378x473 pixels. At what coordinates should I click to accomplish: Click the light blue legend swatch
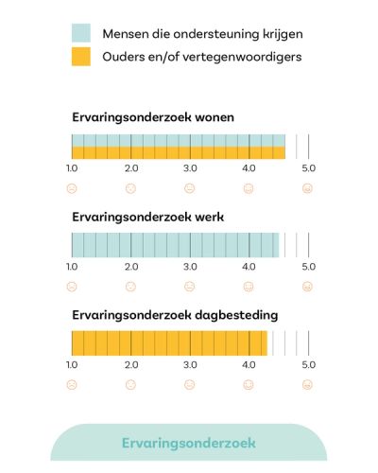pyautogui.click(x=81, y=34)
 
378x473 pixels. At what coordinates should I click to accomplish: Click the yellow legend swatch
pyautogui.click(x=81, y=58)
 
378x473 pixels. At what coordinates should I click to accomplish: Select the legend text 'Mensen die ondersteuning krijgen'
pyautogui.click(x=202, y=35)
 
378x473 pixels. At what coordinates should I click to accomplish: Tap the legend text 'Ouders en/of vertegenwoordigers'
pyautogui.click(x=201, y=58)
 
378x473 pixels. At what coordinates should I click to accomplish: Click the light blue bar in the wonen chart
pyautogui.click(x=179, y=140)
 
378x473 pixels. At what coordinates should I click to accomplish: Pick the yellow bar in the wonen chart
pyautogui.click(x=179, y=152)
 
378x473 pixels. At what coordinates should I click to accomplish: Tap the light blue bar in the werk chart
pyautogui.click(x=176, y=245)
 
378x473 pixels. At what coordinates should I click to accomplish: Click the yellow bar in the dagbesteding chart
pyautogui.click(x=170, y=342)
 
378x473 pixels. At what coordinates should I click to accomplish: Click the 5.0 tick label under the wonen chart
pyautogui.click(x=308, y=168)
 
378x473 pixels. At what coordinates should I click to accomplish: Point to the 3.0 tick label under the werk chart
pyautogui.click(x=190, y=267)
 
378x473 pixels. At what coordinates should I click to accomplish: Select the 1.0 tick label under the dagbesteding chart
pyautogui.click(x=72, y=364)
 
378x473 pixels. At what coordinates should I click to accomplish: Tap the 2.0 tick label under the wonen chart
pyautogui.click(x=131, y=168)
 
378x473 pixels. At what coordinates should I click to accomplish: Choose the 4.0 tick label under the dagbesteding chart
pyautogui.click(x=249, y=364)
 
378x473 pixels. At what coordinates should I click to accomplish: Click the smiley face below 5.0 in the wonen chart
pyautogui.click(x=308, y=188)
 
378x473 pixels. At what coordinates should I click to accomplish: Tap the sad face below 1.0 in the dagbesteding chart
pyautogui.click(x=72, y=385)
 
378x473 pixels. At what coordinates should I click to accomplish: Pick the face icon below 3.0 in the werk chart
pyautogui.click(x=190, y=287)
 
